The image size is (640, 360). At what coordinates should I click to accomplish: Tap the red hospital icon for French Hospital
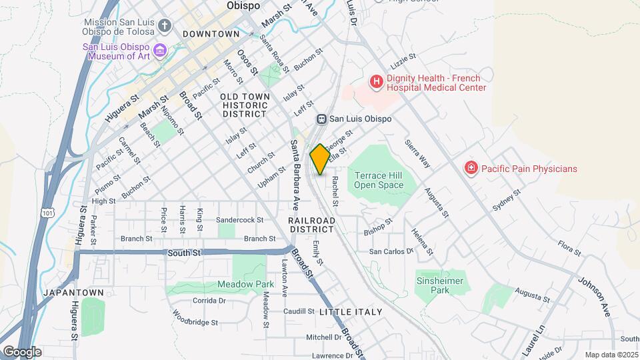[x=377, y=82]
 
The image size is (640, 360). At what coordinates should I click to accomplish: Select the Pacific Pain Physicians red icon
[x=471, y=168]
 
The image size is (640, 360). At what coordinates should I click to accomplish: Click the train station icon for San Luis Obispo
[x=321, y=119]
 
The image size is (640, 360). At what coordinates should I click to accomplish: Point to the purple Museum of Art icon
[x=159, y=51]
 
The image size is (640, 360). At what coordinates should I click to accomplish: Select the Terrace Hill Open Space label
[x=379, y=180]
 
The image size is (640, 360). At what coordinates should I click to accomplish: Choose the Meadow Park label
[x=236, y=284]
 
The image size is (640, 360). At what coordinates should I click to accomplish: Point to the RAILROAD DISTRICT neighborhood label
[x=311, y=224]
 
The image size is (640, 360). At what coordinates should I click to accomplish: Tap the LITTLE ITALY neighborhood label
[x=351, y=312]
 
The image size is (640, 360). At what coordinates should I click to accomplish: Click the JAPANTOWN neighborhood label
[x=73, y=293]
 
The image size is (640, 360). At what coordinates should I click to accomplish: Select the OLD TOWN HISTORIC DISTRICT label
[x=245, y=105]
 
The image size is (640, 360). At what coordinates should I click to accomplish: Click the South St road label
[x=184, y=253]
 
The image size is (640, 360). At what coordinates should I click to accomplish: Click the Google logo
[x=21, y=351]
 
